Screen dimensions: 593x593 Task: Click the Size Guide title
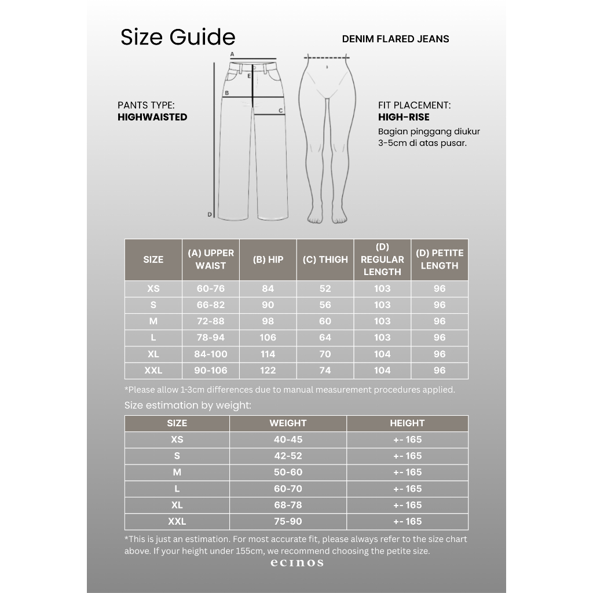coord(178,37)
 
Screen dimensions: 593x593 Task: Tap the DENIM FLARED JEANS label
coord(396,39)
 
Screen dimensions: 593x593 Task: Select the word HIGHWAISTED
coord(152,117)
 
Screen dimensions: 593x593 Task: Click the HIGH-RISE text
coord(404,117)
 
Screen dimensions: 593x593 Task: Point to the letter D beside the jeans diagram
coord(210,214)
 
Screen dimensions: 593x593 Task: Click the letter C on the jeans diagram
coord(280,110)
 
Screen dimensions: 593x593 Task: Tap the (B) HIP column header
coord(268,259)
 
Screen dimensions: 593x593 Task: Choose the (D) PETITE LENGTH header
coord(440,259)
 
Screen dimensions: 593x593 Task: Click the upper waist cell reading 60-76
coord(210,288)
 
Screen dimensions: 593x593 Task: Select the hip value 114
coord(268,354)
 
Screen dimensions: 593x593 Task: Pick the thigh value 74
coord(325,370)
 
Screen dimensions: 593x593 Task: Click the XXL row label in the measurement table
coord(153,370)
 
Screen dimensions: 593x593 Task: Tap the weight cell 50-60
coord(288,472)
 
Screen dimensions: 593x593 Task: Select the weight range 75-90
coord(288,521)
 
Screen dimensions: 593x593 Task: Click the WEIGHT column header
coord(288,423)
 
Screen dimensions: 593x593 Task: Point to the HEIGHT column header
coord(407,423)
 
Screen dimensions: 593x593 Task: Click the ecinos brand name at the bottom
coord(296,563)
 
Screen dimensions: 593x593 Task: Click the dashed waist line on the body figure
coord(328,57)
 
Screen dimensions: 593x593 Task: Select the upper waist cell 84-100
coord(210,354)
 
